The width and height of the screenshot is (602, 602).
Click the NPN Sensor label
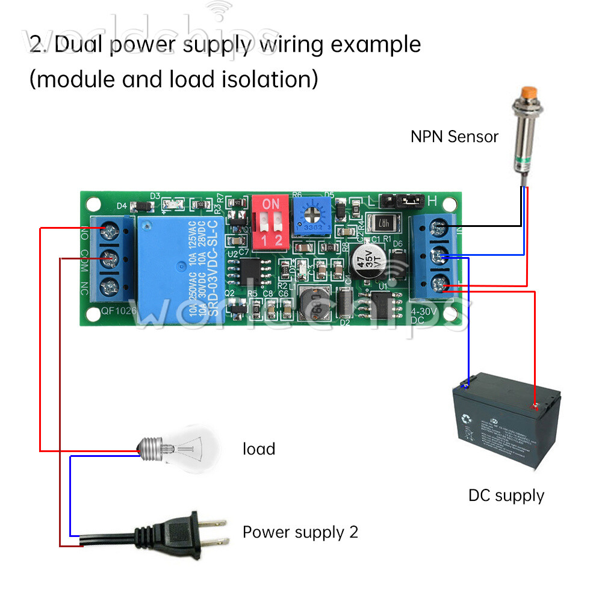pyautogui.click(x=455, y=137)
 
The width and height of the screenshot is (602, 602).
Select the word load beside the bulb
pyautogui.click(x=259, y=449)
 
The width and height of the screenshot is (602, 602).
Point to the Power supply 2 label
pyautogui.click(x=300, y=532)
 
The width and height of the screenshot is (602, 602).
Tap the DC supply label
pyautogui.click(x=506, y=496)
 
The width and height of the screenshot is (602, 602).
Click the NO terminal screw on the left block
pyautogui.click(x=110, y=229)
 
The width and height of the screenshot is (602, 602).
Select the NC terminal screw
pyautogui.click(x=110, y=286)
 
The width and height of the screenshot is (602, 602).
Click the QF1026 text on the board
pyautogui.click(x=119, y=311)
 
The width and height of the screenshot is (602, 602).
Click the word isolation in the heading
pyautogui.click(x=265, y=79)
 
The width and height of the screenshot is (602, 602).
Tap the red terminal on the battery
pyautogui.click(x=533, y=406)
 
